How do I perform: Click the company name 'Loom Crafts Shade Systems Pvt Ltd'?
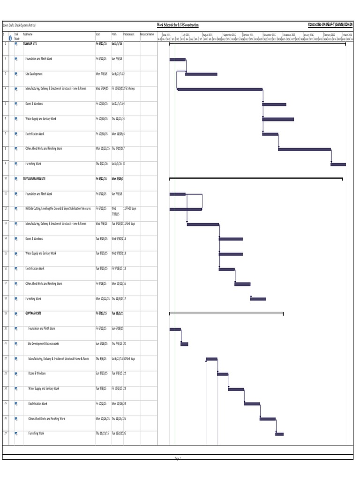[19, 25]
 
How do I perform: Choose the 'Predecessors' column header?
[129, 34]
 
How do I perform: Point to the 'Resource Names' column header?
[147, 34]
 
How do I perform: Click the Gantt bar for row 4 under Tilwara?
[220, 89]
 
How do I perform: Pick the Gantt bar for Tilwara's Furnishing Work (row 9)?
[338, 164]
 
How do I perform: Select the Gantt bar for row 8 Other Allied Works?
[305, 149]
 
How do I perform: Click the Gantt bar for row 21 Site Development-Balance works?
[184, 344]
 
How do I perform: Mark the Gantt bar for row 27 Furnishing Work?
[279, 434]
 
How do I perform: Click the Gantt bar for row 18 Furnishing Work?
[258, 299]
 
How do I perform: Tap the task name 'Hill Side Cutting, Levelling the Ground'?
[58, 209]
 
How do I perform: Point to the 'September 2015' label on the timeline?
[230, 35]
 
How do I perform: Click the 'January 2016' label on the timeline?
[309, 35]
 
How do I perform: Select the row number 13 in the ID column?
[5, 224]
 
